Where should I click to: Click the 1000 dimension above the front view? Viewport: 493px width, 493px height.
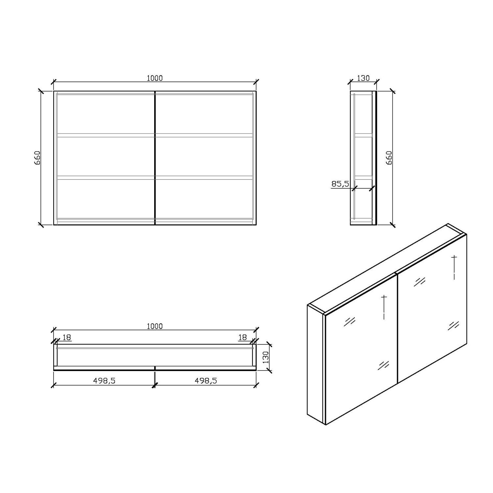click(154, 78)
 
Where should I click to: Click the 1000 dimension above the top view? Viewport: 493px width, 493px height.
click(154, 326)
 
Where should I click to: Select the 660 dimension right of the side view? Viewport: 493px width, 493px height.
click(389, 158)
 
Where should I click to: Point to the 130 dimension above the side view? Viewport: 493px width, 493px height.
click(363, 78)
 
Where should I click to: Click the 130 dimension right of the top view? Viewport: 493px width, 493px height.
click(266, 357)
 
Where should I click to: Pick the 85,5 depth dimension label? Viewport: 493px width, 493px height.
click(340, 184)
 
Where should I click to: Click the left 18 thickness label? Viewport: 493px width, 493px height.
click(67, 337)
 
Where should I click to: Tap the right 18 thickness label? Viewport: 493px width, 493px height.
click(243, 337)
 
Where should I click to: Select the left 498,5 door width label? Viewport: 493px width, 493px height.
click(104, 380)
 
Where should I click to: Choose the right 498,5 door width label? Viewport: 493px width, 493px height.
click(206, 380)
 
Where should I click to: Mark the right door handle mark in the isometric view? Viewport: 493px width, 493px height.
click(454, 267)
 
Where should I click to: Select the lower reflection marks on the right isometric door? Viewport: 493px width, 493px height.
click(454, 325)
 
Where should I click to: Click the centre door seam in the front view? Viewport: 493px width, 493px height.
click(154, 158)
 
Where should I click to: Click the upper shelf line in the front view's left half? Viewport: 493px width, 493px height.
click(105, 135)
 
